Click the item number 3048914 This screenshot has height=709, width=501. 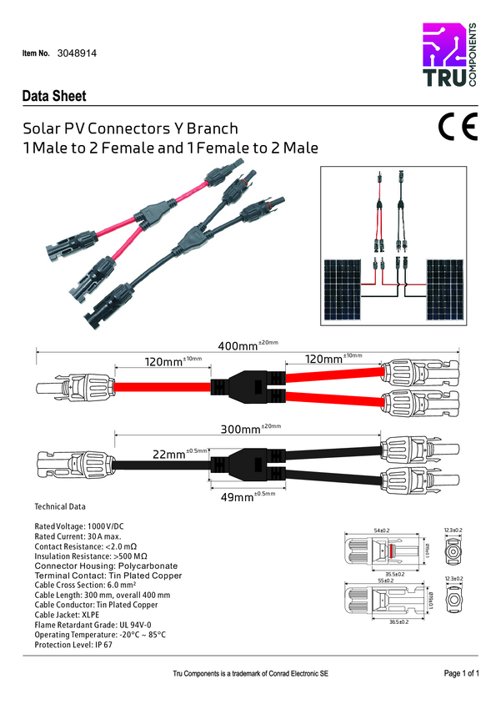tap(78, 53)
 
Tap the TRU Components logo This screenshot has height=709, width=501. tap(449, 57)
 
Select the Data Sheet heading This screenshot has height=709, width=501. tap(54, 97)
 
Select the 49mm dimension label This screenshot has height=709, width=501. tap(237, 496)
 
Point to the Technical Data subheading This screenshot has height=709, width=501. tap(59, 507)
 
